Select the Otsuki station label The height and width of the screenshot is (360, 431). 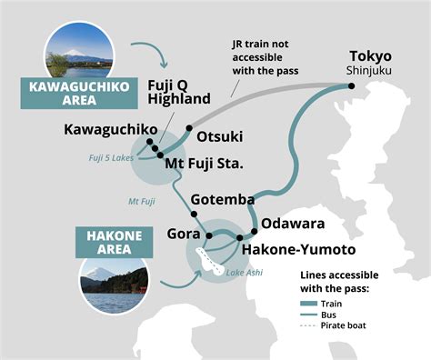click(x=219, y=136)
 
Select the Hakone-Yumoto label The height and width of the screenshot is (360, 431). click(x=298, y=248)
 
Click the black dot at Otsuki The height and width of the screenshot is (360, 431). click(x=189, y=128)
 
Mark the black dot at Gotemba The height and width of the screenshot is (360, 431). click(x=193, y=214)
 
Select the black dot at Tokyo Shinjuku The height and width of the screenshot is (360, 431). click(x=352, y=85)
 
